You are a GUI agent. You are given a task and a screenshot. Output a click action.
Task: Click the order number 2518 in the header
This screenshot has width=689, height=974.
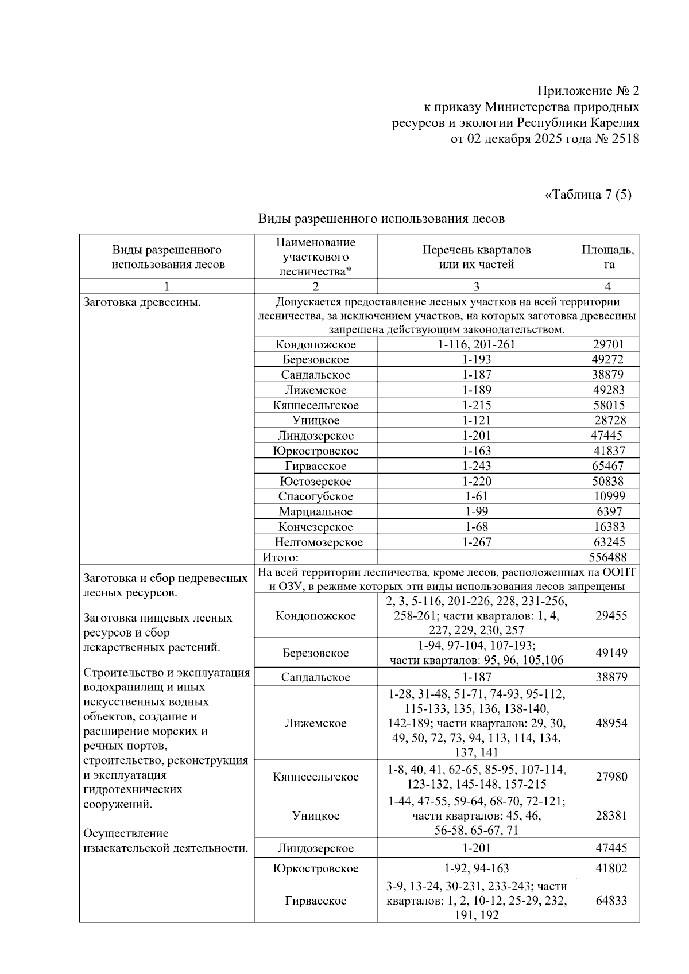pos(624,139)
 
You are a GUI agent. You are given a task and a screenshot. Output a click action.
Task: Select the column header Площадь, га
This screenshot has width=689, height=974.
pos(607,257)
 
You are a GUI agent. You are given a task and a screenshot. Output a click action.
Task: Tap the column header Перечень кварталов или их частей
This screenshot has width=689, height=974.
pos(476,257)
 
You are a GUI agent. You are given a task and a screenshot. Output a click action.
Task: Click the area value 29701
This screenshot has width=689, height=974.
pos(607,344)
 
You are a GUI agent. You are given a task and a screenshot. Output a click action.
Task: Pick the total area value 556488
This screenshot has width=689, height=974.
pos(607,557)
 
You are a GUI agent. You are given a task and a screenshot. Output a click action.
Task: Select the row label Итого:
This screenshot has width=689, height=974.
pos(280,557)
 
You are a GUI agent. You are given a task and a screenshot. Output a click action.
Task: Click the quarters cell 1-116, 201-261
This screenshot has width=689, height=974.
pos(476,344)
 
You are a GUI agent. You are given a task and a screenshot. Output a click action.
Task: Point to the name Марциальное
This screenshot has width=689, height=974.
pos(315,511)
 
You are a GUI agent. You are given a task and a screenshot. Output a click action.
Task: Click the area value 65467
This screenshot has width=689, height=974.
pos(607,466)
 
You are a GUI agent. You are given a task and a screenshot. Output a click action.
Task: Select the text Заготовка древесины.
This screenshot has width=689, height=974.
pos(142,302)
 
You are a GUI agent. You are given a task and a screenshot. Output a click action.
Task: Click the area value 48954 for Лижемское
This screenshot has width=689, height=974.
pos(611,723)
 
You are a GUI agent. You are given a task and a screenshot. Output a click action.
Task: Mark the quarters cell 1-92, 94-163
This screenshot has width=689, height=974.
pos(476,868)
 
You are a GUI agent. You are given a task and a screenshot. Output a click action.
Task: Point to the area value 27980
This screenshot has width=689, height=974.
pos(611,777)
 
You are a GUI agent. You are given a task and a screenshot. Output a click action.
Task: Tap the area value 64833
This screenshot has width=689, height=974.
pos(611,901)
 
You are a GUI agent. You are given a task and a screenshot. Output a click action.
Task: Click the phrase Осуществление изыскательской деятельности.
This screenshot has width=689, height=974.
pos(165,841)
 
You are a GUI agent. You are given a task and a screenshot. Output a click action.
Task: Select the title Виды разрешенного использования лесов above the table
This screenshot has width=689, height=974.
pos(381,219)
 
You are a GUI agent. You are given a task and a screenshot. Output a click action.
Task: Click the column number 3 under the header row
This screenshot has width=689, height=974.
pos(476,286)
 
